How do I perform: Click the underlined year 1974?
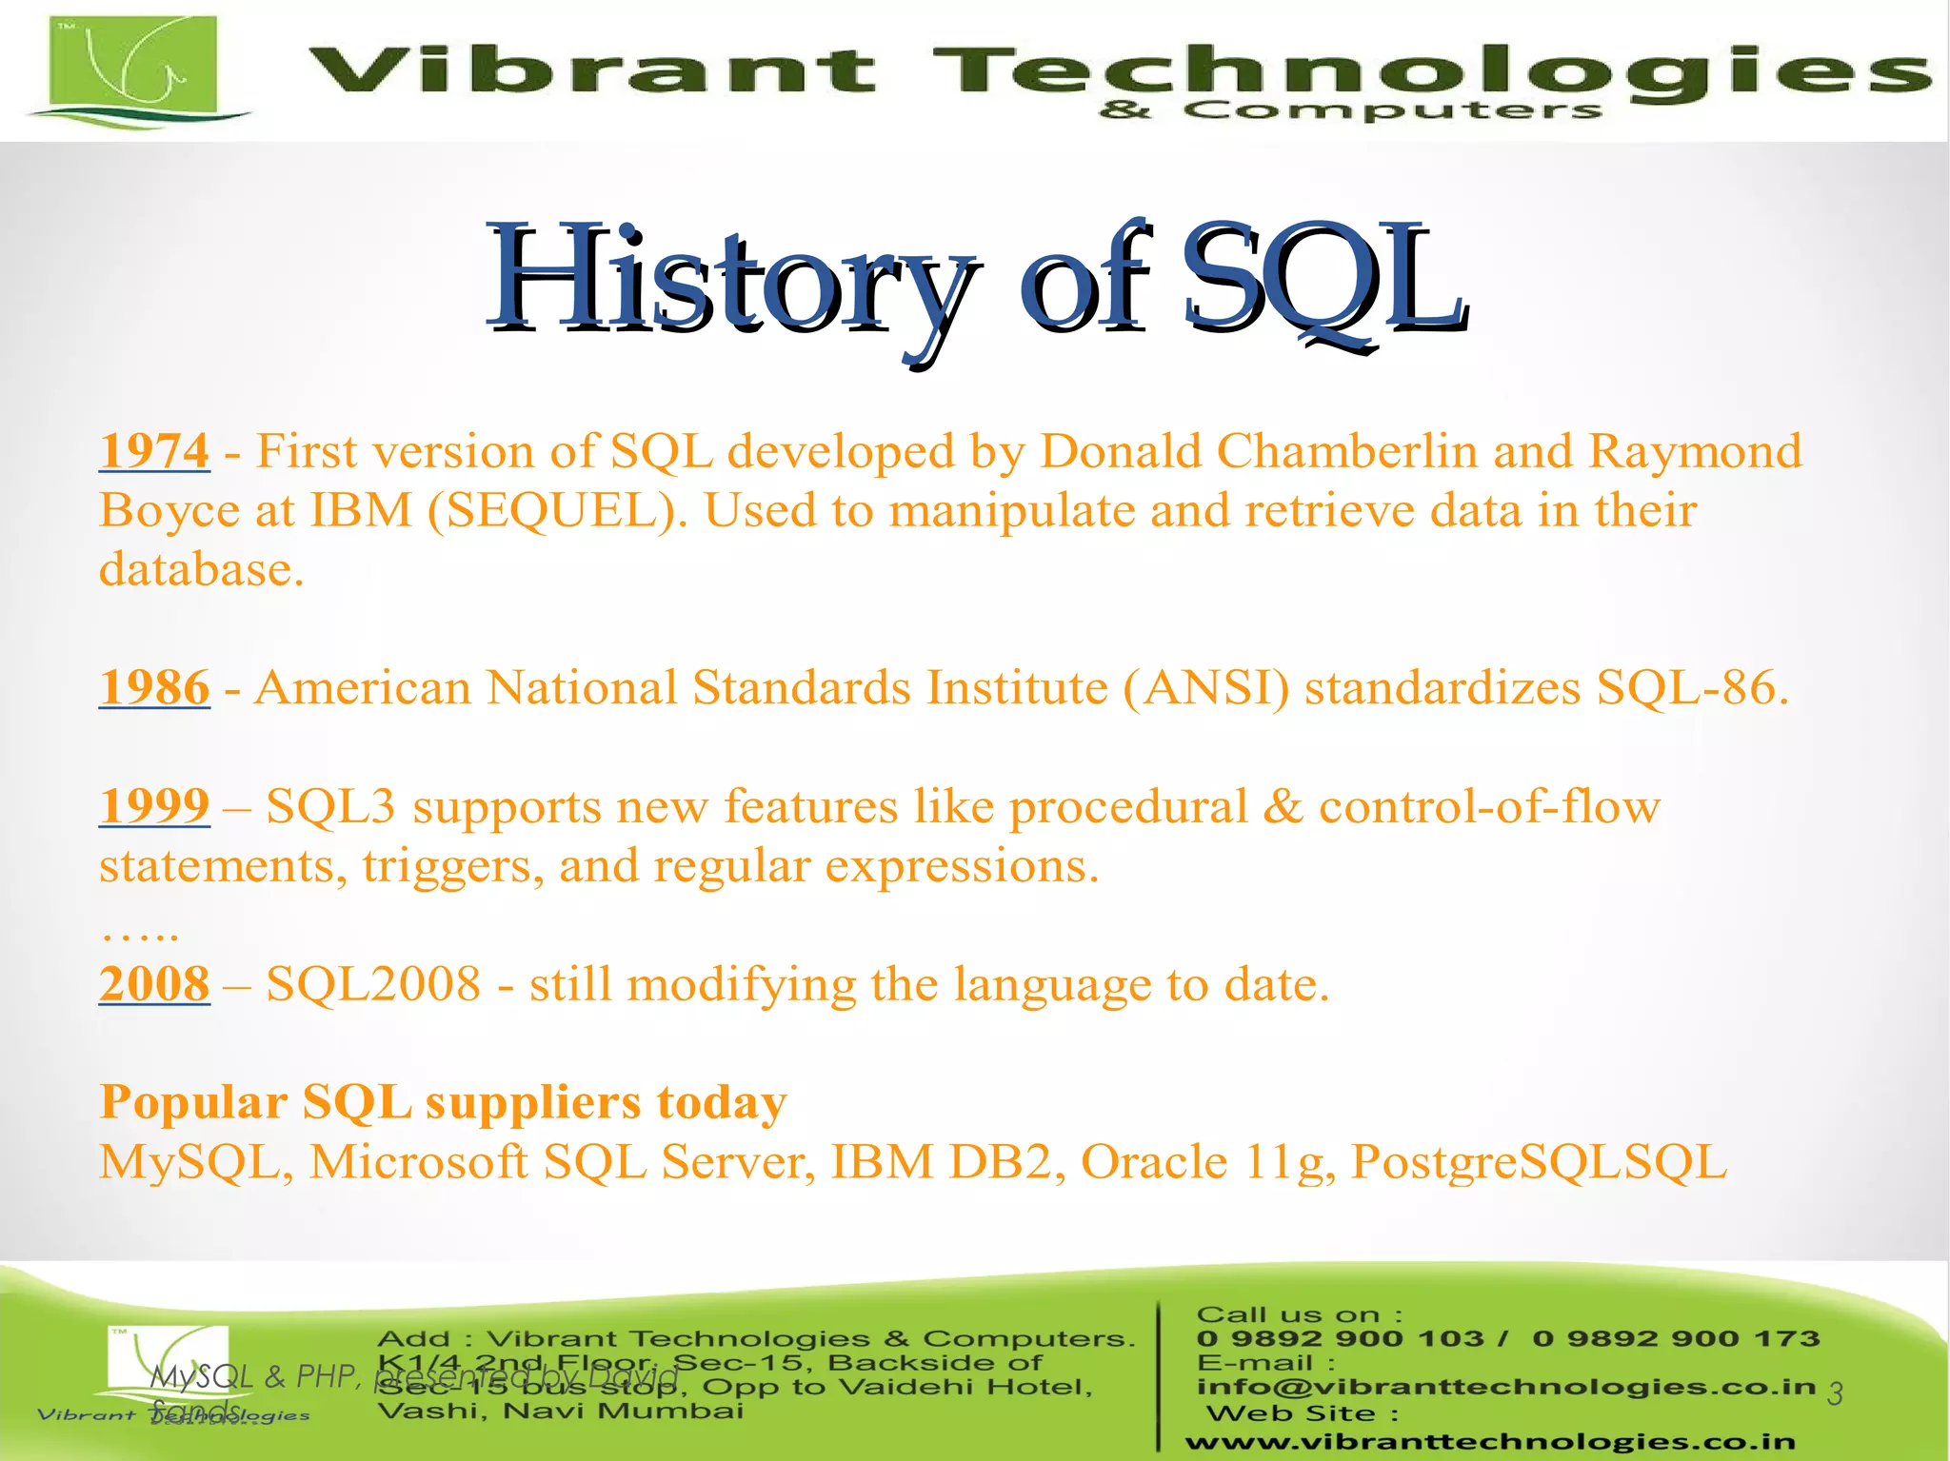pyautogui.click(x=154, y=451)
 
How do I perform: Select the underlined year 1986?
pyautogui.click(x=154, y=687)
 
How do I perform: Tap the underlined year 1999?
pyautogui.click(x=154, y=806)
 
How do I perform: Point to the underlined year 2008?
pyautogui.click(x=154, y=984)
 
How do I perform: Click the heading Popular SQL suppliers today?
pyautogui.click(x=443, y=1102)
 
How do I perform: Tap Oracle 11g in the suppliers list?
pyautogui.click(x=1207, y=1162)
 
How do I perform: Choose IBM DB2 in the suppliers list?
pyautogui.click(x=948, y=1162)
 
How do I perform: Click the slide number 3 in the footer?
pyautogui.click(x=1835, y=1394)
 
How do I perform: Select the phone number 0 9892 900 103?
pyautogui.click(x=1340, y=1338)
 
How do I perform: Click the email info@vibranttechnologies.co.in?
pyautogui.click(x=1506, y=1387)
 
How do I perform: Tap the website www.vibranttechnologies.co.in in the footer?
pyautogui.click(x=1490, y=1443)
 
